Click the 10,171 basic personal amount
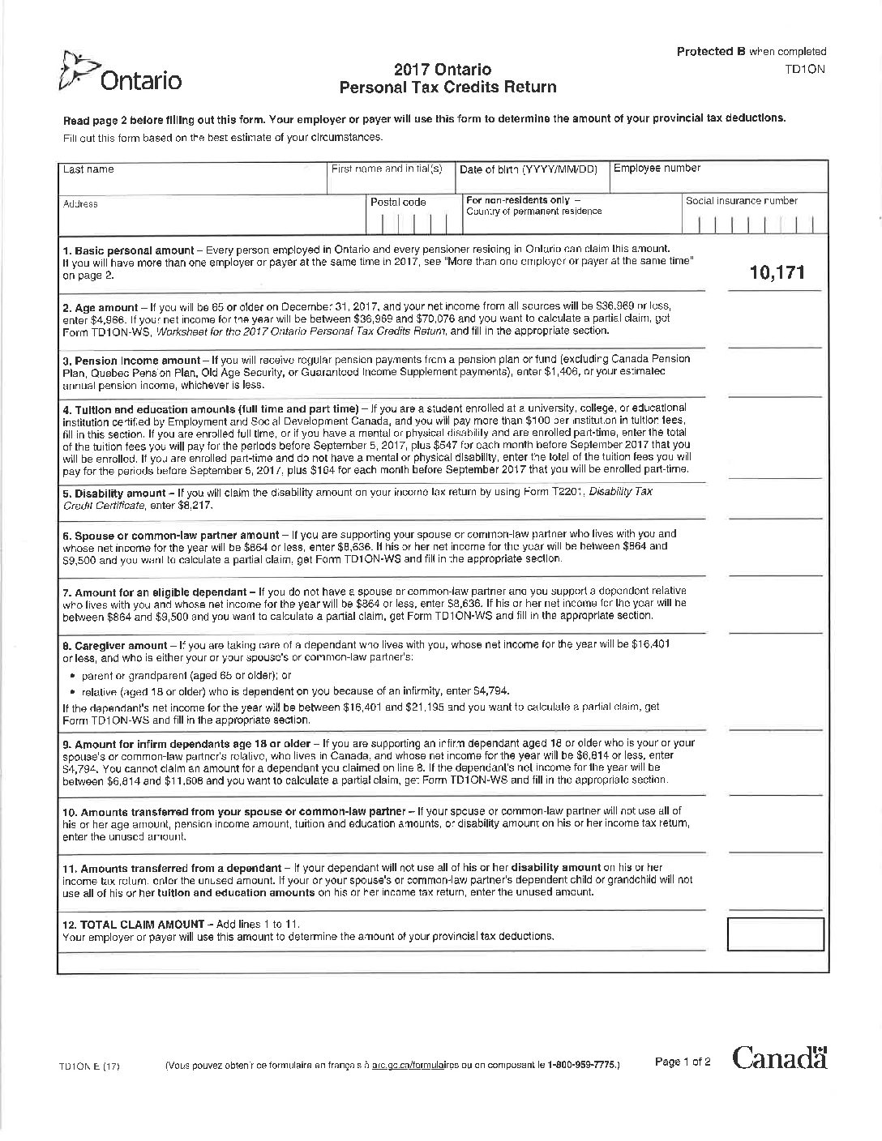pos(777,272)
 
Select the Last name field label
pos(88,170)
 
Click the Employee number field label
pos(657,169)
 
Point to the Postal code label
pos(398,203)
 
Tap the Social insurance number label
pos(741,201)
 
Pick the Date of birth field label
pos(528,170)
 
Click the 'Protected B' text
pos(710,51)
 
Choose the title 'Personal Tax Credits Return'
pos(447,88)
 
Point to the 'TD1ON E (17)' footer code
pos(89,1066)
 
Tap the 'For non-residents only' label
pos(523,199)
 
